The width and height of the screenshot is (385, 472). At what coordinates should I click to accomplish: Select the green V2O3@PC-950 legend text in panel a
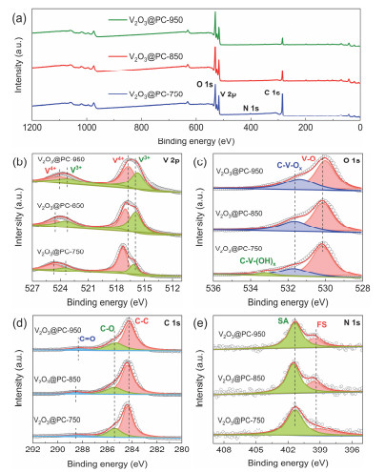pos(141,18)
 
